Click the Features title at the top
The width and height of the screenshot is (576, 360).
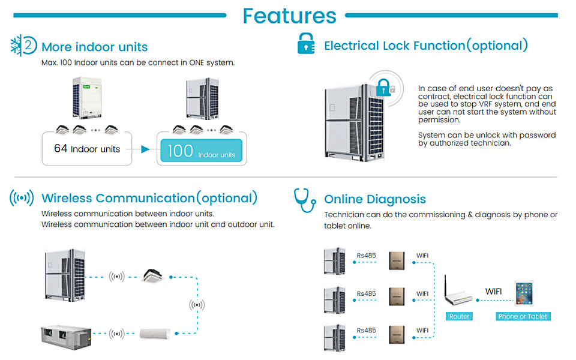[289, 16]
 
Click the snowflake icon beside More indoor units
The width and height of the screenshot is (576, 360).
[16, 45]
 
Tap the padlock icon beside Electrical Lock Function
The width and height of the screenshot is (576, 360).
[306, 44]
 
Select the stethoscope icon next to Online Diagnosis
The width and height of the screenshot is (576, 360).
[305, 200]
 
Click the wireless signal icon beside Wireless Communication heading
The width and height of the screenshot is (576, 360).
[22, 198]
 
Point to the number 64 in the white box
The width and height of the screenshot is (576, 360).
[61, 148]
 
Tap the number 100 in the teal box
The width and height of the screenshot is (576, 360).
[181, 151]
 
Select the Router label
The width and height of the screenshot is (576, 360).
[459, 316]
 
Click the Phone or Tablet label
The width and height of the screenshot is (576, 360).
[523, 316]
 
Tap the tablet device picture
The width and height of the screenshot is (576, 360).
[524, 293]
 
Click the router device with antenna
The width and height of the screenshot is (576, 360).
[457, 292]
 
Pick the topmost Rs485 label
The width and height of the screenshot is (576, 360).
[366, 256]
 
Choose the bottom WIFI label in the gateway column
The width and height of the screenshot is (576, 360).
[422, 331]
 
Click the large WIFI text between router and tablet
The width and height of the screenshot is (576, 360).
[493, 292]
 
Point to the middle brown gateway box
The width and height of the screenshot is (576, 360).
[397, 296]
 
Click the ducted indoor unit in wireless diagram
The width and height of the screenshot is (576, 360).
[66, 337]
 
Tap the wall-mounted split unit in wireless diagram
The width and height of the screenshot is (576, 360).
[155, 333]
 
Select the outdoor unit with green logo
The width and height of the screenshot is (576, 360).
[86, 98]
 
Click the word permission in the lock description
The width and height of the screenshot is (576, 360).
[439, 120]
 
